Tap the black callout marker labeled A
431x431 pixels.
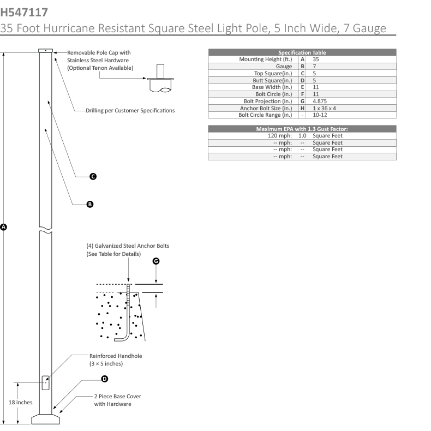4,226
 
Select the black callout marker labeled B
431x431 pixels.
90,204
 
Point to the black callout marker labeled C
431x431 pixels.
93,176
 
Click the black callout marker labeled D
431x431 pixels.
105,378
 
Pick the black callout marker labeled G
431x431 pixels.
157,261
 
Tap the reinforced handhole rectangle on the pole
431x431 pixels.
46,382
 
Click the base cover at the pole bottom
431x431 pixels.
46,418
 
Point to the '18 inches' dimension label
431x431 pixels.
21,402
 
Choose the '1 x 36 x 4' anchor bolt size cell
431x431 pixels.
325,108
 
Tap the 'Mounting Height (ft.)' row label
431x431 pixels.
266,58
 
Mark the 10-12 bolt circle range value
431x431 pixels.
320,115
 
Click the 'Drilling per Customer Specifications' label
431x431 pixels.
130,110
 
